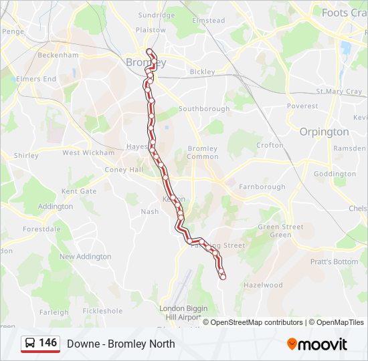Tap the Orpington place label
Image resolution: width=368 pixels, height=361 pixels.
point(324,132)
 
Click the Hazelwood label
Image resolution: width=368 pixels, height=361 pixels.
point(263,285)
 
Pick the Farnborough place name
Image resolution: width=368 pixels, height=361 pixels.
point(262,187)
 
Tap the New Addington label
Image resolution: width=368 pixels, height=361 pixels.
point(85,257)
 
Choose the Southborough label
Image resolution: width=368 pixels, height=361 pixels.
point(204,108)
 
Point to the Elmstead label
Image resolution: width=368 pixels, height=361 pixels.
point(209,21)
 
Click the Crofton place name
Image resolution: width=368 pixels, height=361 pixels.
point(270,145)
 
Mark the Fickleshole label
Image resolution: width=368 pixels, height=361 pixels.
point(102,311)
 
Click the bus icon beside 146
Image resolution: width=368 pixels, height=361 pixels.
point(30,344)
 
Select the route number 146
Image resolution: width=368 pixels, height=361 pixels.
point(48,343)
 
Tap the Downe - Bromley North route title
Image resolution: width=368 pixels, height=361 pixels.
point(121,344)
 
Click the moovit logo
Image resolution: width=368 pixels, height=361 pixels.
point(317,344)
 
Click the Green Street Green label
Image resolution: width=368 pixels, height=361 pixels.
point(281,231)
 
